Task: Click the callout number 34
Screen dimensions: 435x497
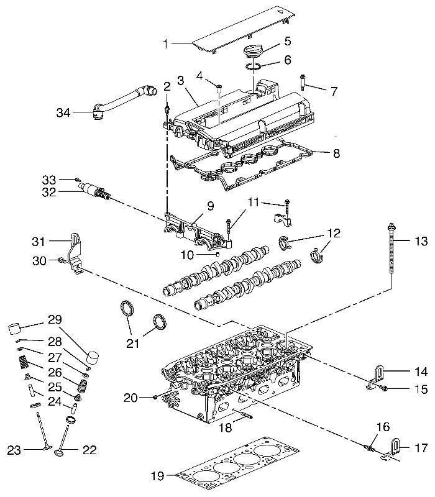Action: (63, 112)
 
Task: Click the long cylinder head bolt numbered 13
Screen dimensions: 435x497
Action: (391, 250)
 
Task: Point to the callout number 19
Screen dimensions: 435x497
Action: (158, 476)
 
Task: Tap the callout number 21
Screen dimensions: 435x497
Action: (133, 344)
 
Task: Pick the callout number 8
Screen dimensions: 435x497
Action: (336, 153)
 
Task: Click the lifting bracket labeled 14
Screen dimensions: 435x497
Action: (376, 377)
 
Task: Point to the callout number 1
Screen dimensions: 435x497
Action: (165, 44)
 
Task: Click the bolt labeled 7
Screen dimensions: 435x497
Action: (302, 82)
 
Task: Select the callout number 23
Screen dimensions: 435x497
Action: (14, 450)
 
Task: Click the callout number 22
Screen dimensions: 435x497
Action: (89, 450)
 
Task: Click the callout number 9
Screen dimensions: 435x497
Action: (211, 206)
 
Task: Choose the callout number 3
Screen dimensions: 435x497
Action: (181, 81)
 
